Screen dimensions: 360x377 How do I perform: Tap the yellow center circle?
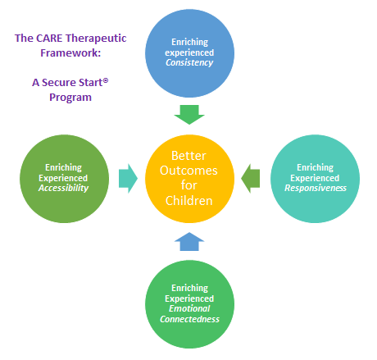point(190,176)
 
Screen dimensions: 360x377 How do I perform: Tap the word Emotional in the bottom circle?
point(190,308)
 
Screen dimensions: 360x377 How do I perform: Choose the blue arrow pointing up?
point(190,241)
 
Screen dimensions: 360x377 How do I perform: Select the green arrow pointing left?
point(252,176)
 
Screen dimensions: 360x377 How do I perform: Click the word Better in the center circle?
point(190,156)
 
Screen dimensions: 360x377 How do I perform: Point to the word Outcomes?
point(190,170)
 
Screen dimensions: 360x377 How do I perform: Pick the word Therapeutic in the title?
point(93,38)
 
